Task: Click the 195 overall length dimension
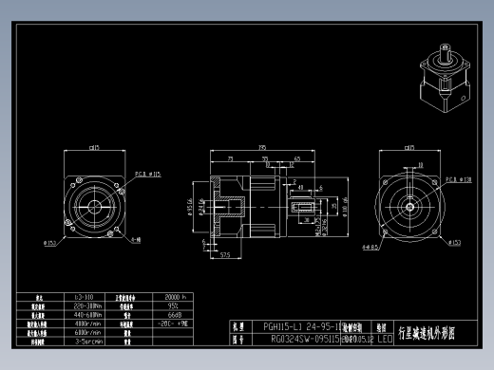(x=261, y=146)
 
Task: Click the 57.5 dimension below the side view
(x=226, y=254)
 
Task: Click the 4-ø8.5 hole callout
(x=370, y=247)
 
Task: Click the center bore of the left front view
(x=95, y=203)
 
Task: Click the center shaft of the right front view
(x=410, y=203)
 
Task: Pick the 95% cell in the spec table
(x=173, y=306)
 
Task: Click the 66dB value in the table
(x=174, y=315)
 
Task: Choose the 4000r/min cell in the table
(x=88, y=324)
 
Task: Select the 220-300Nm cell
(x=88, y=306)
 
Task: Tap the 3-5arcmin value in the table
(x=88, y=341)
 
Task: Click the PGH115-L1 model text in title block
(x=300, y=325)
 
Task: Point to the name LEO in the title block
(x=385, y=338)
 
